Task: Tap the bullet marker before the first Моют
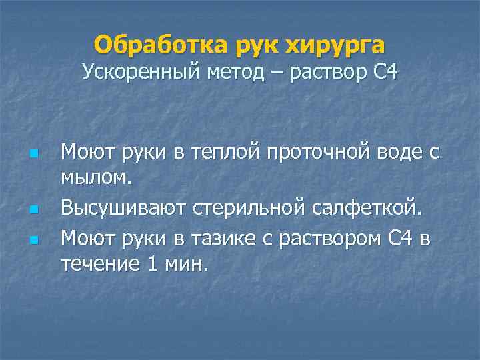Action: coord(34,153)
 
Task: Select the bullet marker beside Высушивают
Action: coord(34,210)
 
